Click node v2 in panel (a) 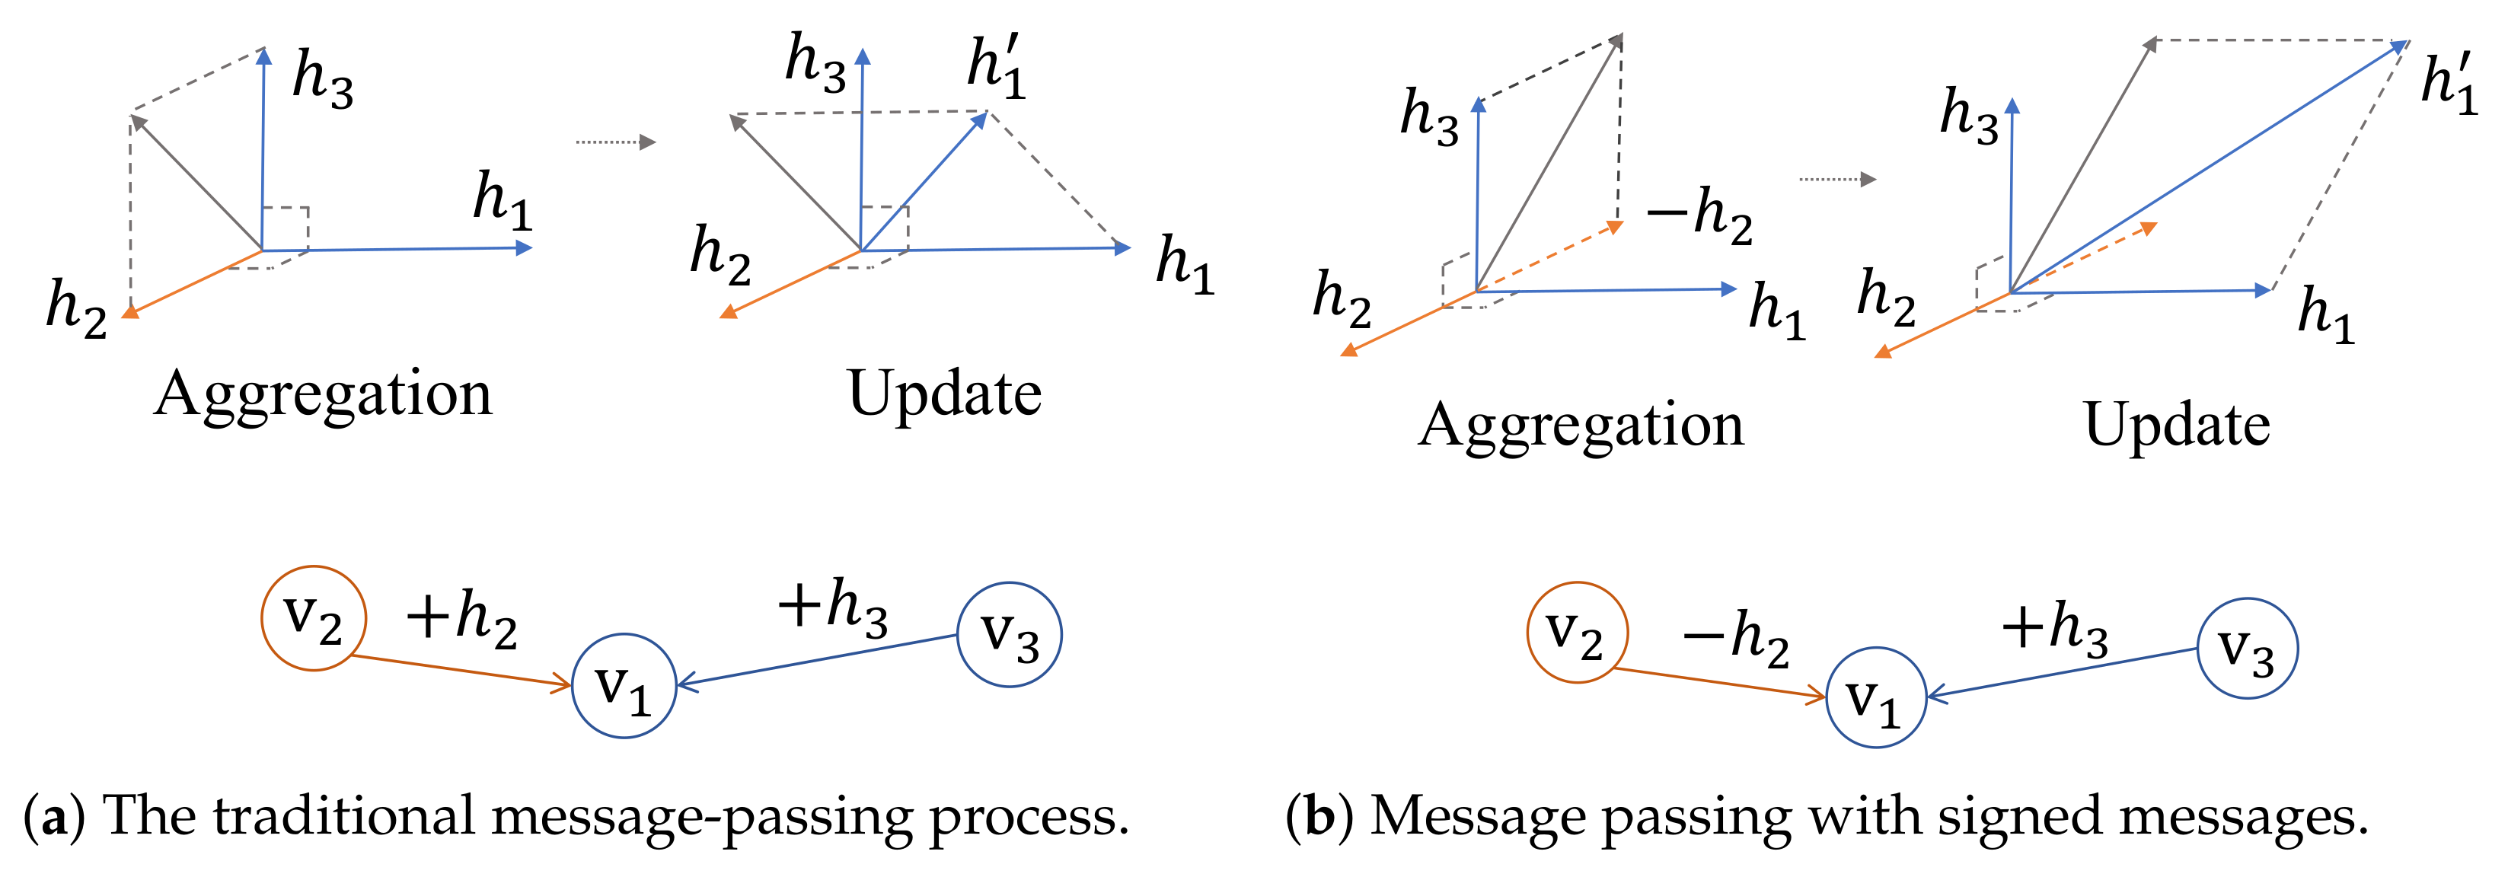pos(314,618)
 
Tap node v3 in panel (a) pos(1009,635)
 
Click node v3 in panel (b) pos(2247,649)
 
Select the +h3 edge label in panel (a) pos(832,605)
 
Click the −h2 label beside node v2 pos(1736,639)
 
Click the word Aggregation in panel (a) pos(324,394)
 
